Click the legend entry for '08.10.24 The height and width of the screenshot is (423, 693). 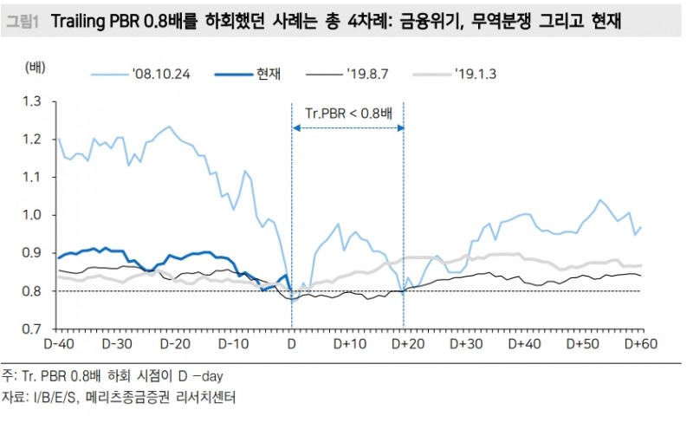160,73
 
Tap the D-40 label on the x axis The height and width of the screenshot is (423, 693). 59,344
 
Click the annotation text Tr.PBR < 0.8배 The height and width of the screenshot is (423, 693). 349,114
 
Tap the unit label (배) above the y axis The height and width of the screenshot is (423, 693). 35,67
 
